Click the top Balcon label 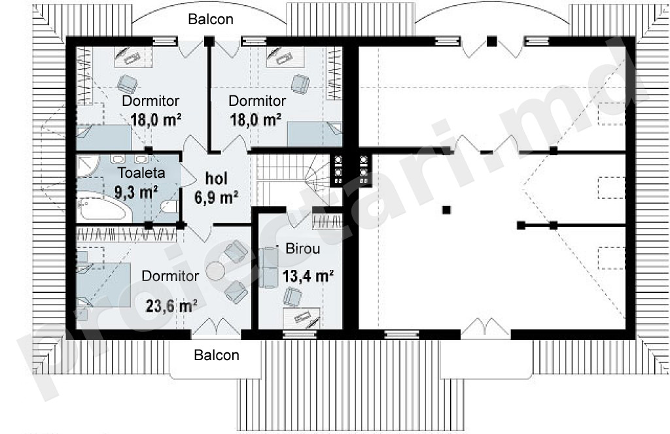(211, 19)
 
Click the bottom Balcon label (216, 355)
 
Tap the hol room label (216, 178)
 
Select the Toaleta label (141, 173)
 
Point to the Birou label (302, 248)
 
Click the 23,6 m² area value (171, 305)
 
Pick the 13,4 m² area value (308, 276)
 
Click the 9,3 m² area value (136, 192)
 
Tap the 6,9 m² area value (216, 197)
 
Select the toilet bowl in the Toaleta (169, 207)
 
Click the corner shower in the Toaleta (88, 165)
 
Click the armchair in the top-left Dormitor (127, 84)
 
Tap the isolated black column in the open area (446, 210)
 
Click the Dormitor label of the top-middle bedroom (257, 101)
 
